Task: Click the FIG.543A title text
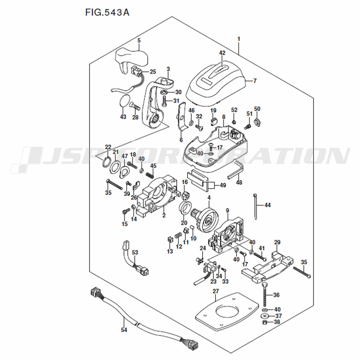[107, 13]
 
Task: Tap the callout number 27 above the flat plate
[216, 291]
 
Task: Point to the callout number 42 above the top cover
[222, 53]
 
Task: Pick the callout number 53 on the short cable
[134, 252]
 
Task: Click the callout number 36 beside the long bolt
[276, 295]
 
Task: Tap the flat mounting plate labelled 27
[227, 313]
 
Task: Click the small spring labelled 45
[150, 175]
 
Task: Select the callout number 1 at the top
[238, 39]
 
